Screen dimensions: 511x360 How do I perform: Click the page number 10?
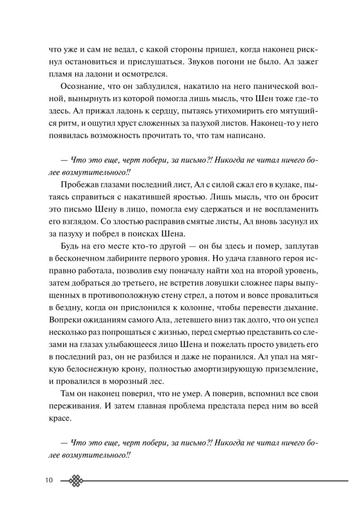pos(49,480)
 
